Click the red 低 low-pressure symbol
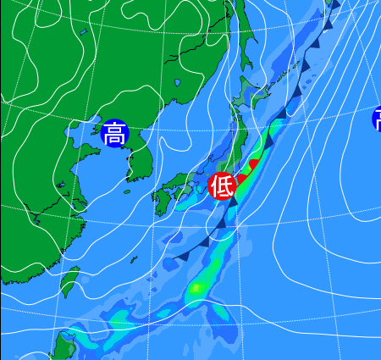click(x=222, y=184)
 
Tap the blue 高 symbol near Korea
click(x=114, y=133)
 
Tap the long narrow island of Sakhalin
click(x=240, y=34)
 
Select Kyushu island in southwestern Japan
click(x=161, y=200)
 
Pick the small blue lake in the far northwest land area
click(x=84, y=33)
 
